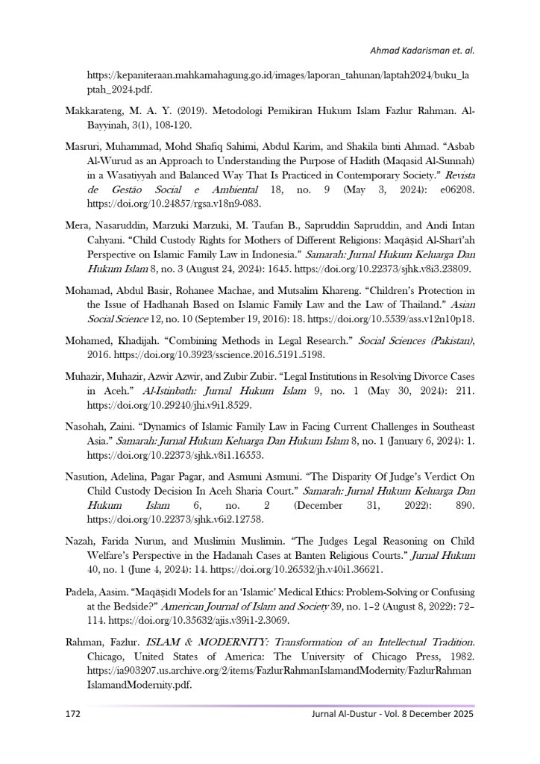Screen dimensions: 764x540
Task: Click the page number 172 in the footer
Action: click(x=72, y=714)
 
